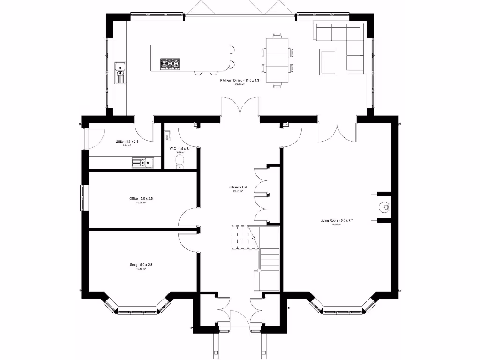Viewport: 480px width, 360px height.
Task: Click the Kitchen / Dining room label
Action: (240, 81)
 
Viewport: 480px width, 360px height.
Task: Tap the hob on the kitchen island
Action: (170, 63)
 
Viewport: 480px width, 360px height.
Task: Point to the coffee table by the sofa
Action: (328, 61)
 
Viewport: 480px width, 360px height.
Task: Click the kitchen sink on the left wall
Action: (120, 71)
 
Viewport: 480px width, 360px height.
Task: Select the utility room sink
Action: (143, 163)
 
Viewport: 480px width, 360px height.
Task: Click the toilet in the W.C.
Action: (180, 162)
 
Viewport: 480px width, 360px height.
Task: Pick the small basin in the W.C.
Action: (167, 136)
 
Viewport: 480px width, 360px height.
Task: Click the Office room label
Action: (141, 199)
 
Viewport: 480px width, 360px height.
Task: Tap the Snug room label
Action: (141, 265)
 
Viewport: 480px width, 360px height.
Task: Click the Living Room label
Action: (333, 220)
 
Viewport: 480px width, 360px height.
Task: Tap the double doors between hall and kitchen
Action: (240, 107)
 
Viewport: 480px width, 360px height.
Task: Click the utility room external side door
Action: (87, 138)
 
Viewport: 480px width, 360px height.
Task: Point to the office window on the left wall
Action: (82, 198)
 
